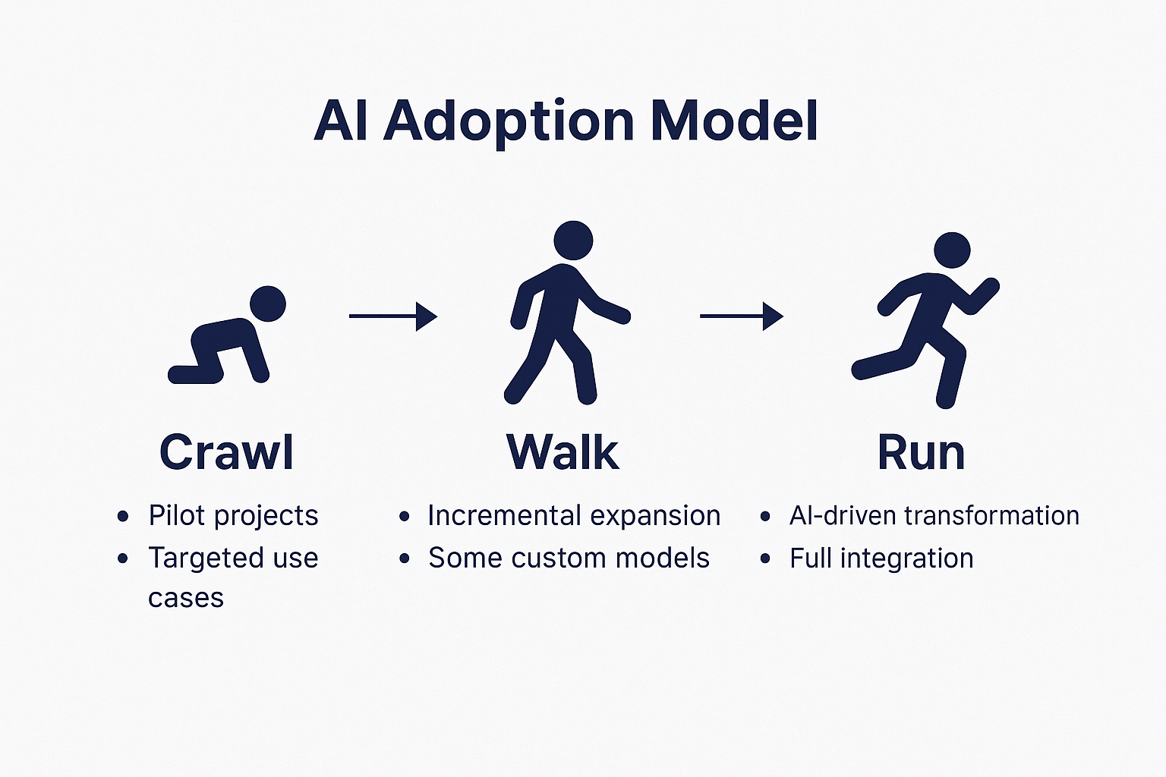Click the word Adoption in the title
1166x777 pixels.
click(508, 122)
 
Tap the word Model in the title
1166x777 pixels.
click(734, 121)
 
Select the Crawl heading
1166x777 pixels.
click(226, 452)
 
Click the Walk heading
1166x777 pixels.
click(563, 452)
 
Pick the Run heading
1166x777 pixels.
click(921, 452)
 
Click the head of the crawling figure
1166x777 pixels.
click(267, 304)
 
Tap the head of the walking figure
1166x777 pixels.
click(573, 240)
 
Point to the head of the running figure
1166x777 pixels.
click(951, 250)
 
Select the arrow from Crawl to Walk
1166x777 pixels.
click(392, 316)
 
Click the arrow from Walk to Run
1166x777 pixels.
click(741, 316)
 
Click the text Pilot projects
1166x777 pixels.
click(233, 515)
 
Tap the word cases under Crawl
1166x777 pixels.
click(186, 598)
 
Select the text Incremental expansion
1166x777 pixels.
click(574, 515)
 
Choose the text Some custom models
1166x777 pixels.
click(569, 558)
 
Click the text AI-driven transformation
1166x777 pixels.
click(934, 515)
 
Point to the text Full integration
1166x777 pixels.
click(881, 558)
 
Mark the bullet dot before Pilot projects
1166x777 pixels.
click(123, 517)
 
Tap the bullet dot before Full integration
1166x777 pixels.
click(765, 559)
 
